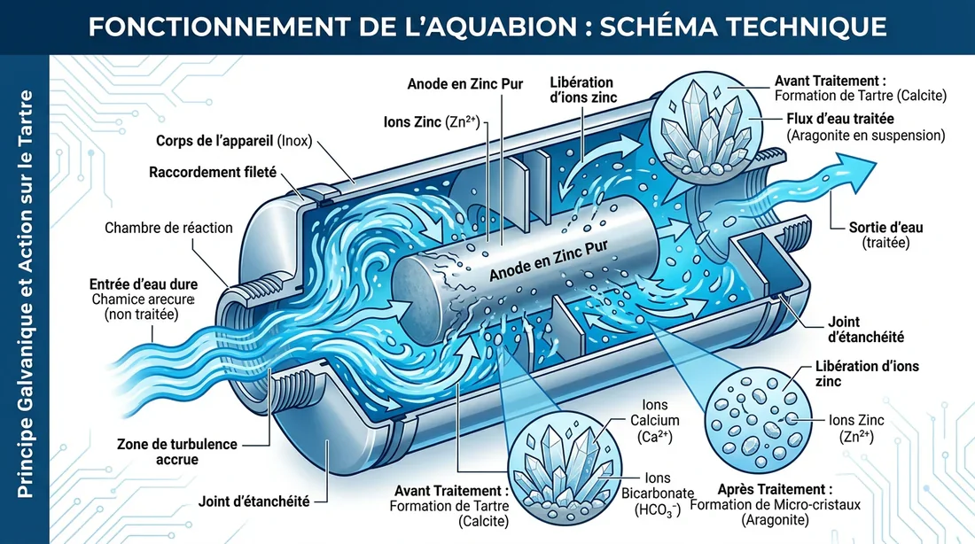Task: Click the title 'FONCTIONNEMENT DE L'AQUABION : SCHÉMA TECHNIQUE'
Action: pos(487,27)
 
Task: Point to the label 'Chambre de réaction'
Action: pos(168,228)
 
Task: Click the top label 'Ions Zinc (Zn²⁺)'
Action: pos(432,122)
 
